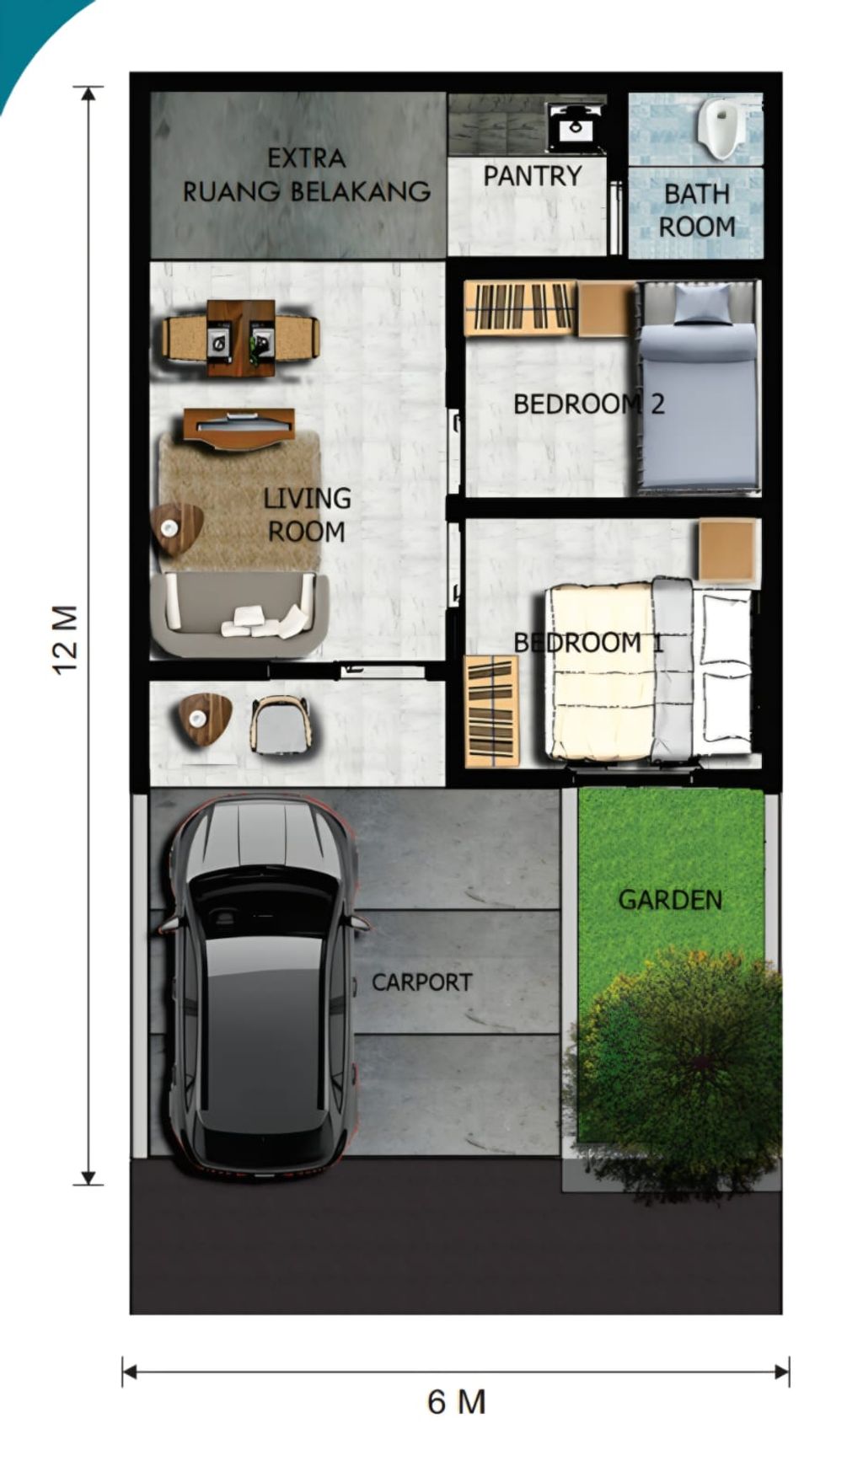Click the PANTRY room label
tap(533, 176)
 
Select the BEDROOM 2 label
tap(589, 404)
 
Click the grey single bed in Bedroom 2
tap(698, 387)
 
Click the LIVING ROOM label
tap(307, 515)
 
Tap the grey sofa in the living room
tap(239, 614)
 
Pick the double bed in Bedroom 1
tap(648, 670)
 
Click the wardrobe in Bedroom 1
tap(492, 712)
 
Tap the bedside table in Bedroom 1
tap(728, 550)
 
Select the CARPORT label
tap(421, 982)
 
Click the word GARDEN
tap(671, 900)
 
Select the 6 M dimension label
tap(457, 1401)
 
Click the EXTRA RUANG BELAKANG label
tap(307, 175)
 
